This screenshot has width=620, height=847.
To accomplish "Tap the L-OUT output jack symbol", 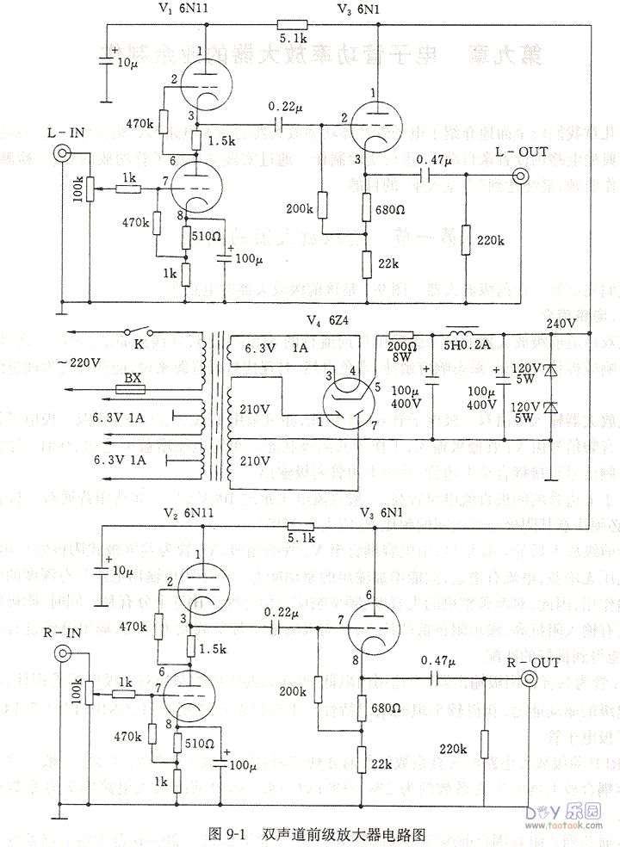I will click(x=521, y=176).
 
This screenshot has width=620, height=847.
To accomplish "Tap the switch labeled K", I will click(x=135, y=331).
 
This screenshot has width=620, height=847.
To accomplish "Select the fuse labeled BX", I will click(x=131, y=389).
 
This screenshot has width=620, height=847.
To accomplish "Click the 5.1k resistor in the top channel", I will click(x=288, y=25).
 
